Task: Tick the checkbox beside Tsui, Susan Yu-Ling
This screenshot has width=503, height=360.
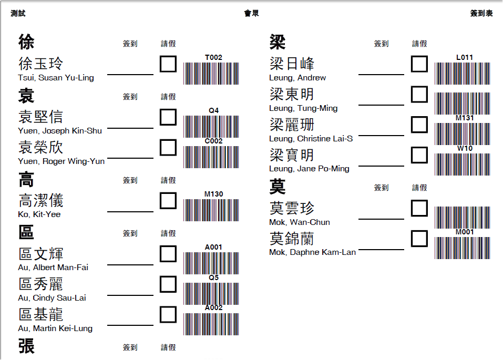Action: [168, 64]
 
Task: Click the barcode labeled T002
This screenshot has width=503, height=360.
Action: [211, 74]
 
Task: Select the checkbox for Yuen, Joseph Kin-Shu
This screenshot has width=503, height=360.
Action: [168, 117]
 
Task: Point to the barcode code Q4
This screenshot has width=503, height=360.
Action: [213, 110]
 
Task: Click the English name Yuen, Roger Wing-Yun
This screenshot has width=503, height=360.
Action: [61, 161]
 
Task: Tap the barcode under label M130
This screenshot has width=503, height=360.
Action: [211, 210]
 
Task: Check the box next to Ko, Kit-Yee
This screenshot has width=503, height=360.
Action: [168, 201]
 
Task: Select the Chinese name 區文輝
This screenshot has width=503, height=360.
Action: [41, 254]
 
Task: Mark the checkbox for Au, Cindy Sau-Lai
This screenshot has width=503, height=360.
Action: [168, 284]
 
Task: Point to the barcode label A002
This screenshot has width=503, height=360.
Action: [213, 308]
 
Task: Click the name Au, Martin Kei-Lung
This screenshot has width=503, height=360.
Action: [55, 328]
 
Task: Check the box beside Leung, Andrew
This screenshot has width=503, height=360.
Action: [419, 64]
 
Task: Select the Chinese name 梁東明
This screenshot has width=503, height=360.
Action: [292, 95]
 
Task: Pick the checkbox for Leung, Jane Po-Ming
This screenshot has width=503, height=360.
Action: [419, 155]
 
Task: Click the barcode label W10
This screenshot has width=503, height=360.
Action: [465, 149]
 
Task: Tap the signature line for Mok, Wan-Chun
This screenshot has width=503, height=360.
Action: [381, 219]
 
